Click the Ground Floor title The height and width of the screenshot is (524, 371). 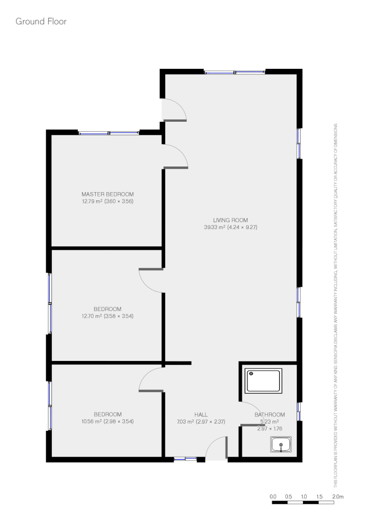coord(41,21)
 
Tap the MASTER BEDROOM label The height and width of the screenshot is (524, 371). coord(107,194)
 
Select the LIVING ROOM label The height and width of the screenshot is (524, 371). coord(231,219)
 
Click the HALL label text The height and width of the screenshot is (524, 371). coord(201,414)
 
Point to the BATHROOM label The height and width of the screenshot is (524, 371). coord(270,414)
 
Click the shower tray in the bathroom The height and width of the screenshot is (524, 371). coord(264,381)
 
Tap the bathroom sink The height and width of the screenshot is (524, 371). coord(281,444)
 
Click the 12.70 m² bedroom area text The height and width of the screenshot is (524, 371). coord(107,316)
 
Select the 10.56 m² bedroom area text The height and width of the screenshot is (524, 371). coord(107,421)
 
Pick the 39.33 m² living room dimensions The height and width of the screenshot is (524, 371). coord(231,227)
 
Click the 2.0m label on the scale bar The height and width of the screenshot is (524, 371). coord(337,496)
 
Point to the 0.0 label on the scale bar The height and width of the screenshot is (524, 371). coord(272,496)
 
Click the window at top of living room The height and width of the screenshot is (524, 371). coord(235,72)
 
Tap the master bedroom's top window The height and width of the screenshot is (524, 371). coord(109,132)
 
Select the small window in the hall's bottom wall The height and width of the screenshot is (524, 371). coord(185,458)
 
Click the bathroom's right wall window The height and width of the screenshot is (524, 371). coord(299,411)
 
